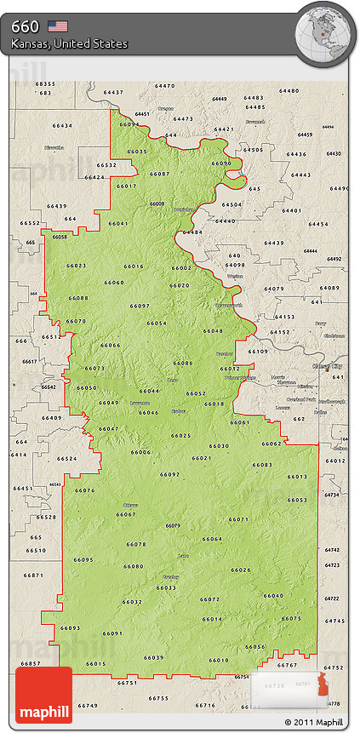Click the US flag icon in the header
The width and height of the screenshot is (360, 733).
click(x=57, y=26)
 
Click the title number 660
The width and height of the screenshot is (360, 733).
click(x=25, y=26)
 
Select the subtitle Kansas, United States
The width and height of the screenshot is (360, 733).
click(x=69, y=43)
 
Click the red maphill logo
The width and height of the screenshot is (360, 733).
click(x=43, y=695)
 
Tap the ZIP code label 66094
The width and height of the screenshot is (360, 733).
click(x=129, y=124)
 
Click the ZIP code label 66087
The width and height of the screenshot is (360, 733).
click(x=159, y=174)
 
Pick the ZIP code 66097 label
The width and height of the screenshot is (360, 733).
click(x=140, y=306)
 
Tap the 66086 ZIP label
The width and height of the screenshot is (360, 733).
click(x=183, y=363)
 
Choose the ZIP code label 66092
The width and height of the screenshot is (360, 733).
click(x=169, y=474)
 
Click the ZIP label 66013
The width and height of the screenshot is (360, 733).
click(x=296, y=477)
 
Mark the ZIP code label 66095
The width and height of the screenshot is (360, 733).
click(x=83, y=559)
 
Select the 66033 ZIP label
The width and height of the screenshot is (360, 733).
click(x=166, y=587)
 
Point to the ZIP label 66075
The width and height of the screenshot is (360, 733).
click(x=291, y=618)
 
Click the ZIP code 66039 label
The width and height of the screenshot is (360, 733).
click(x=154, y=657)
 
